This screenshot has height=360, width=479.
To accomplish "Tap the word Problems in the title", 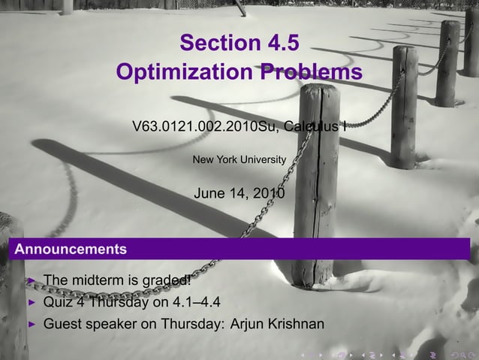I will point(311,74).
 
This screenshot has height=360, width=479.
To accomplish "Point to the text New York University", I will point(239,159).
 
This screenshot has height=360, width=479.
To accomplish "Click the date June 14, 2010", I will point(239,193).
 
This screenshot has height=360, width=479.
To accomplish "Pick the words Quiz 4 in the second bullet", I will point(64,303).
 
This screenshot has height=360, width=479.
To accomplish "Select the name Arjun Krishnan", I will point(278,325).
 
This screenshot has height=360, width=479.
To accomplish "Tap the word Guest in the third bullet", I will point(63,325).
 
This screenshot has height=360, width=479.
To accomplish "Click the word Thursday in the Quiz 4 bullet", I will point(119,303).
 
